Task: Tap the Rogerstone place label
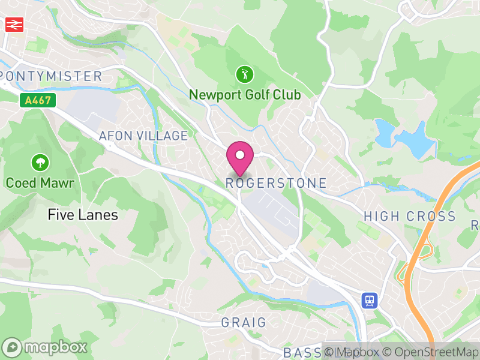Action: [x=277, y=183]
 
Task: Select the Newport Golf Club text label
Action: [x=245, y=95]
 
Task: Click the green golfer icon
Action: [x=245, y=75]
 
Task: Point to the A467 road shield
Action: [x=37, y=101]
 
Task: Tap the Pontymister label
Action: [x=52, y=76]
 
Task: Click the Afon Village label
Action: [x=143, y=136]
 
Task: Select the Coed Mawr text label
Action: [x=40, y=182]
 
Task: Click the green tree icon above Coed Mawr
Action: [x=40, y=162]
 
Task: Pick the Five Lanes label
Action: [x=83, y=215]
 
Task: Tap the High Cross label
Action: [x=410, y=217]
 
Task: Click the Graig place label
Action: [x=244, y=323]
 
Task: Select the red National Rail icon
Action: [x=13, y=24]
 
